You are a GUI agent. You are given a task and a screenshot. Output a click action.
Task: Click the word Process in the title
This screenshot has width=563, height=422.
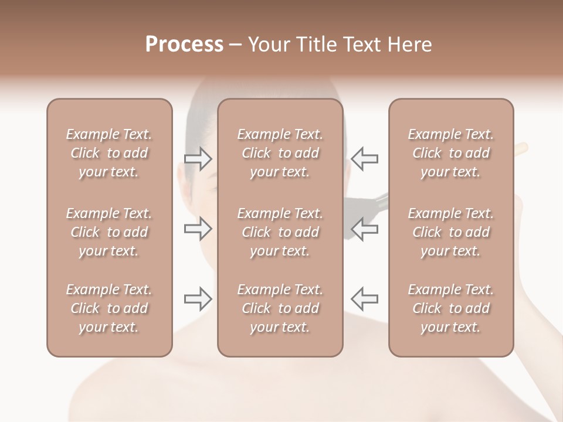[x=184, y=45]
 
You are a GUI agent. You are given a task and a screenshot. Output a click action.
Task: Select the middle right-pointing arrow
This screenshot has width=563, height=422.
[x=198, y=229]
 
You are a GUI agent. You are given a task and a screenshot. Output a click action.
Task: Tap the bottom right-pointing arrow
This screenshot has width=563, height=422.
[x=198, y=299]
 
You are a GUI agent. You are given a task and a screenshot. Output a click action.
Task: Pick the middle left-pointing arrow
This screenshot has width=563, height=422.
[x=364, y=229]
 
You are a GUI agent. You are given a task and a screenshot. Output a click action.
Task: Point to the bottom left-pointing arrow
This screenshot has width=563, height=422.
[x=364, y=299]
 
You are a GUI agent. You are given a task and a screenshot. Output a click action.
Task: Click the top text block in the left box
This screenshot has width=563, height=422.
[x=109, y=153]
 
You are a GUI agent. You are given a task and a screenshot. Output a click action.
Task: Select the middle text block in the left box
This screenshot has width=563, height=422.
[x=109, y=232]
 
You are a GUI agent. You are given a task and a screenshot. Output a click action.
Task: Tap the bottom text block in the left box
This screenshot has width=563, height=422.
[x=109, y=308]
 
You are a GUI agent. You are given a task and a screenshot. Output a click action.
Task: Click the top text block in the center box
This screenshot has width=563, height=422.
[x=280, y=153]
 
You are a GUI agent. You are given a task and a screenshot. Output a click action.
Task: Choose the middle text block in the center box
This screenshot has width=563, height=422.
[x=280, y=232]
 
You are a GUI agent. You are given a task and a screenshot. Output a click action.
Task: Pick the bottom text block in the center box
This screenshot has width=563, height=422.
[x=280, y=308]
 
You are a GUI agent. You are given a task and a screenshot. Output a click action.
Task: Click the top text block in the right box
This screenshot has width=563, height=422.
[x=450, y=153]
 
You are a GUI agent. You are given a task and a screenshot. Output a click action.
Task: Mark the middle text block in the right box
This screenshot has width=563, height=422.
[x=450, y=232]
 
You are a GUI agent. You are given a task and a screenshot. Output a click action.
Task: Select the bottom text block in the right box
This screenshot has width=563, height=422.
[x=450, y=308]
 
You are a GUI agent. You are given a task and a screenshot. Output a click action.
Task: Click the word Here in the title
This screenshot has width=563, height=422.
[x=409, y=45]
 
